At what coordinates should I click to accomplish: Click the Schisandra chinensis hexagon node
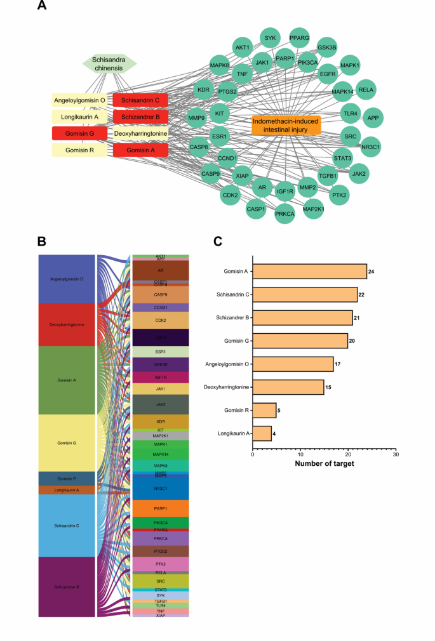(110, 63)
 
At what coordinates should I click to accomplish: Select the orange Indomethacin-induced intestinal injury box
(286, 125)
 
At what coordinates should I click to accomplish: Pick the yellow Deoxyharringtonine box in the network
(140, 133)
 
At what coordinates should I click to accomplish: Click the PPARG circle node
(300, 39)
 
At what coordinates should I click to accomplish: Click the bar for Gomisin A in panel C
(309, 272)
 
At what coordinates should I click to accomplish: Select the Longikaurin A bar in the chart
(262, 433)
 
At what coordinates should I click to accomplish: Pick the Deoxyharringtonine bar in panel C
(288, 387)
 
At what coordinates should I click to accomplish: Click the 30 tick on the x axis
(396, 455)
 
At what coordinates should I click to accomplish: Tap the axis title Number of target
(324, 464)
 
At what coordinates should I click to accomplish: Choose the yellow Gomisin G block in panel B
(67, 442)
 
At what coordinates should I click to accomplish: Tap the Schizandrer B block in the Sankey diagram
(67, 586)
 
